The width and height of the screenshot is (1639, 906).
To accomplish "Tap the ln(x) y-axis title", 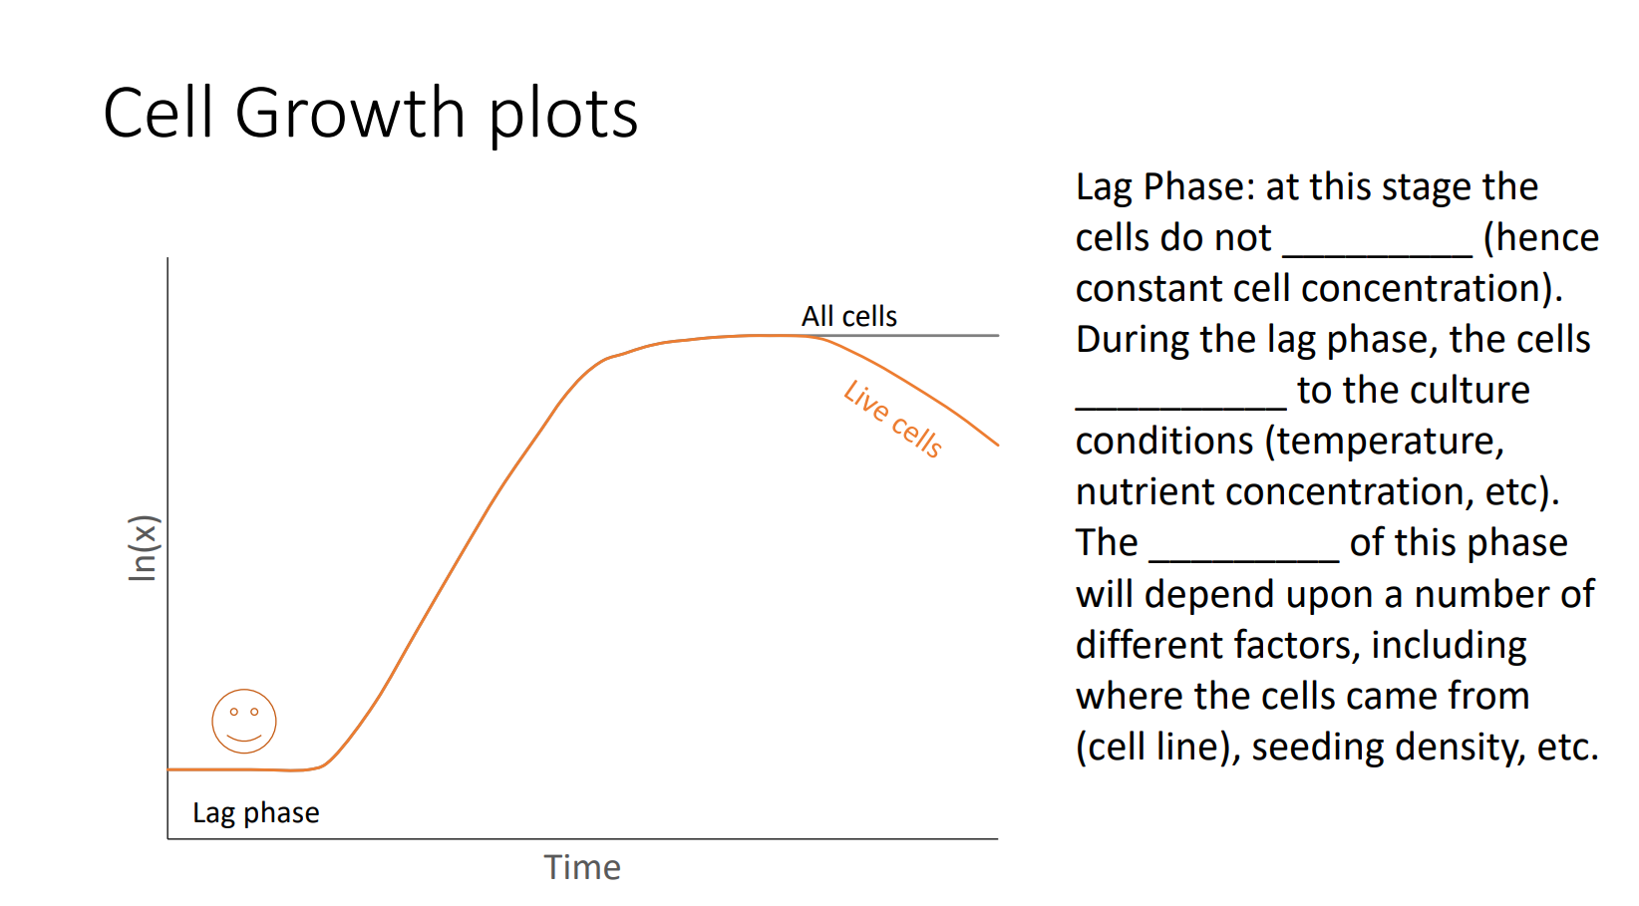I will [144, 547].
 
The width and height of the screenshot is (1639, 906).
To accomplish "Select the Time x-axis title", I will [582, 867].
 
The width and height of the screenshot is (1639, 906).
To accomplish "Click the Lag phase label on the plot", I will [256, 813].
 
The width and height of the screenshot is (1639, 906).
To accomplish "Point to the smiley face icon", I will [244, 721].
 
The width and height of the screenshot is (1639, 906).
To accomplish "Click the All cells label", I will [848, 316].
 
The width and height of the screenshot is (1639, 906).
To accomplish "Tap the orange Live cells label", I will [892, 420].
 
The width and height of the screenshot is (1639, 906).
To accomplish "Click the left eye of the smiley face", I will [234, 712].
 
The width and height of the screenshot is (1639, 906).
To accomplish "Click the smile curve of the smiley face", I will [244, 739].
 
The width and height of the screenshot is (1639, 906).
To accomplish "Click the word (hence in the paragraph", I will [1540, 237].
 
